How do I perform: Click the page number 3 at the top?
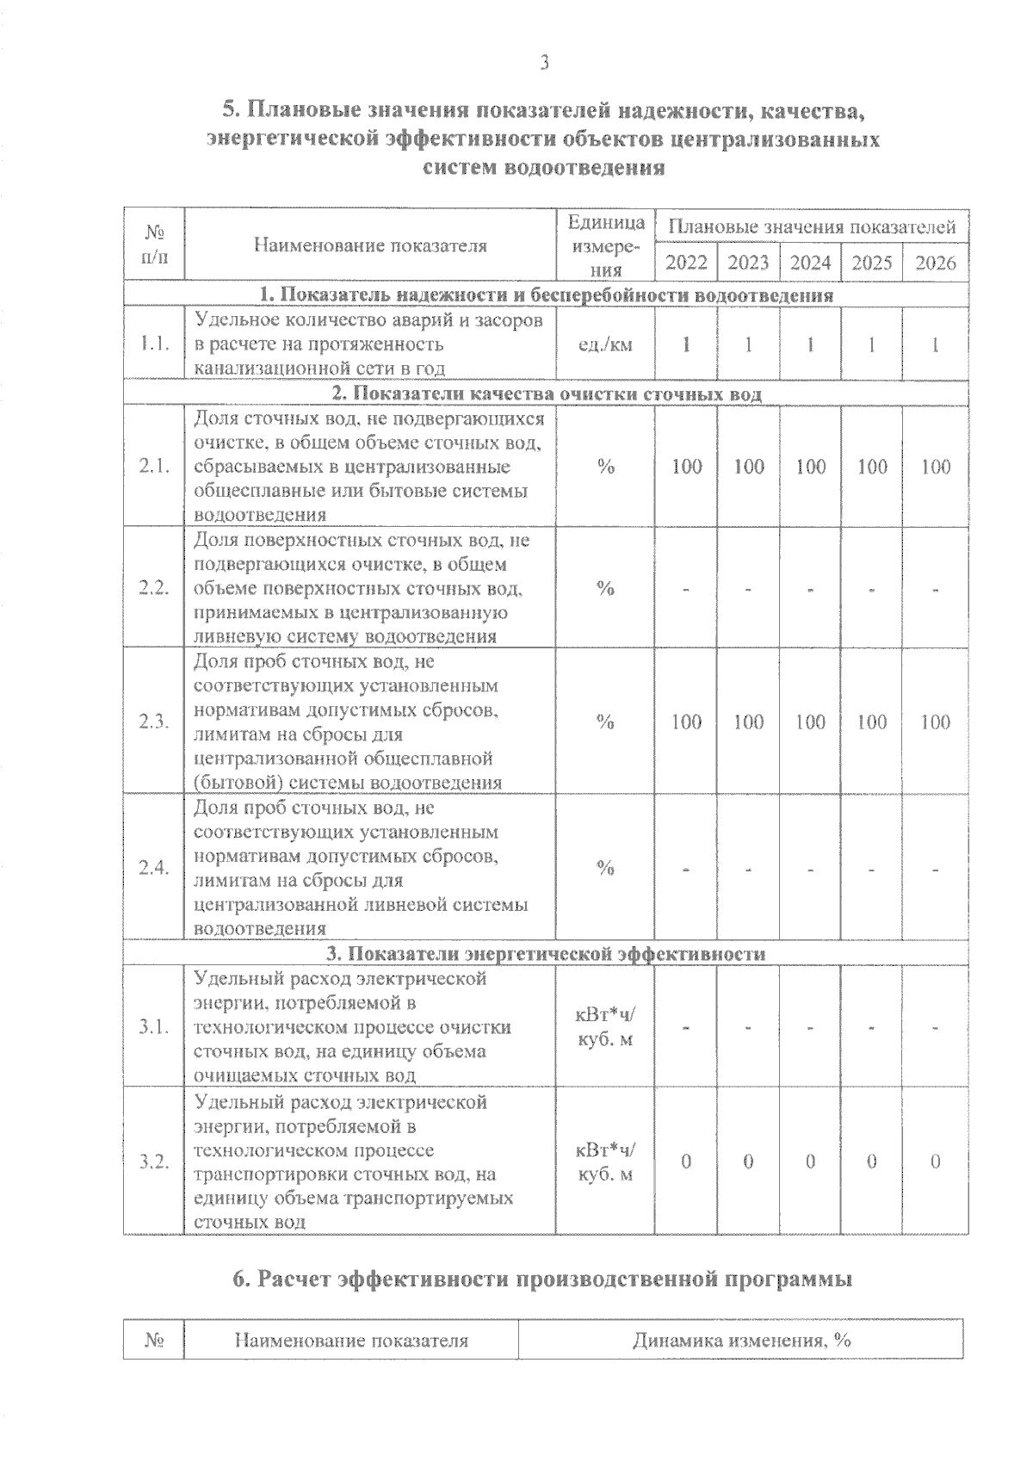coord(544,63)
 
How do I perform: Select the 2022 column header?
coord(686,263)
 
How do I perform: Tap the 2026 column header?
coord(935,263)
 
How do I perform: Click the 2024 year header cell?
coord(810,263)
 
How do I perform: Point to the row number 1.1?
coord(154,344)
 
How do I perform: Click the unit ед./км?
coord(605,344)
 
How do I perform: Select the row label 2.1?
coord(154,467)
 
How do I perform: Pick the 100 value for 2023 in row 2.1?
coord(748,467)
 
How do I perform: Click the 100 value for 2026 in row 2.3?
coord(935,722)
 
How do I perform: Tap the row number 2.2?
coord(154,588)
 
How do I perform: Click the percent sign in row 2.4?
coord(605,868)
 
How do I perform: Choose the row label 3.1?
coord(154,1027)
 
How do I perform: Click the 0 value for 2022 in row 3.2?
coord(686,1162)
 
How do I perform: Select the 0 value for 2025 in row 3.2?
coord(872,1162)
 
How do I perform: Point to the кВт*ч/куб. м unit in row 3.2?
coord(605,1162)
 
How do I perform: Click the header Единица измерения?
coord(605,245)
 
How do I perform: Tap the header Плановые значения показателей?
coord(812,228)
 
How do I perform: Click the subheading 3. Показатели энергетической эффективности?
coord(546,954)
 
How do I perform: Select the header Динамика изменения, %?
coord(740,1341)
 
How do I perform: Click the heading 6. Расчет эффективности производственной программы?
coord(542,1279)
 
